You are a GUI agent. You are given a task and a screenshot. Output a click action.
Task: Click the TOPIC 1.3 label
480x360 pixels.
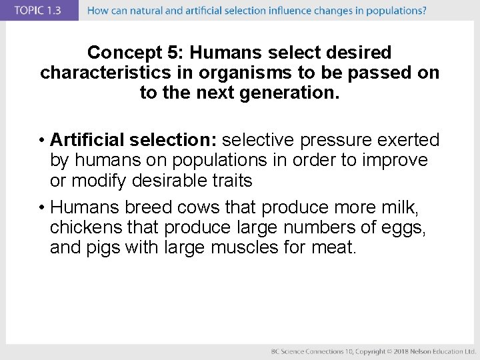click(39, 10)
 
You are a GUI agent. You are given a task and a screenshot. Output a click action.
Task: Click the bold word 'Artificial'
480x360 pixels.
click(87, 140)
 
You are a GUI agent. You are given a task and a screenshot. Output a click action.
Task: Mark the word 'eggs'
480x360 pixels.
click(403, 228)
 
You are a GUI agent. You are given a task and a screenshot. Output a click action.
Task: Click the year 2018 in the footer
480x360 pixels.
click(399, 351)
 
